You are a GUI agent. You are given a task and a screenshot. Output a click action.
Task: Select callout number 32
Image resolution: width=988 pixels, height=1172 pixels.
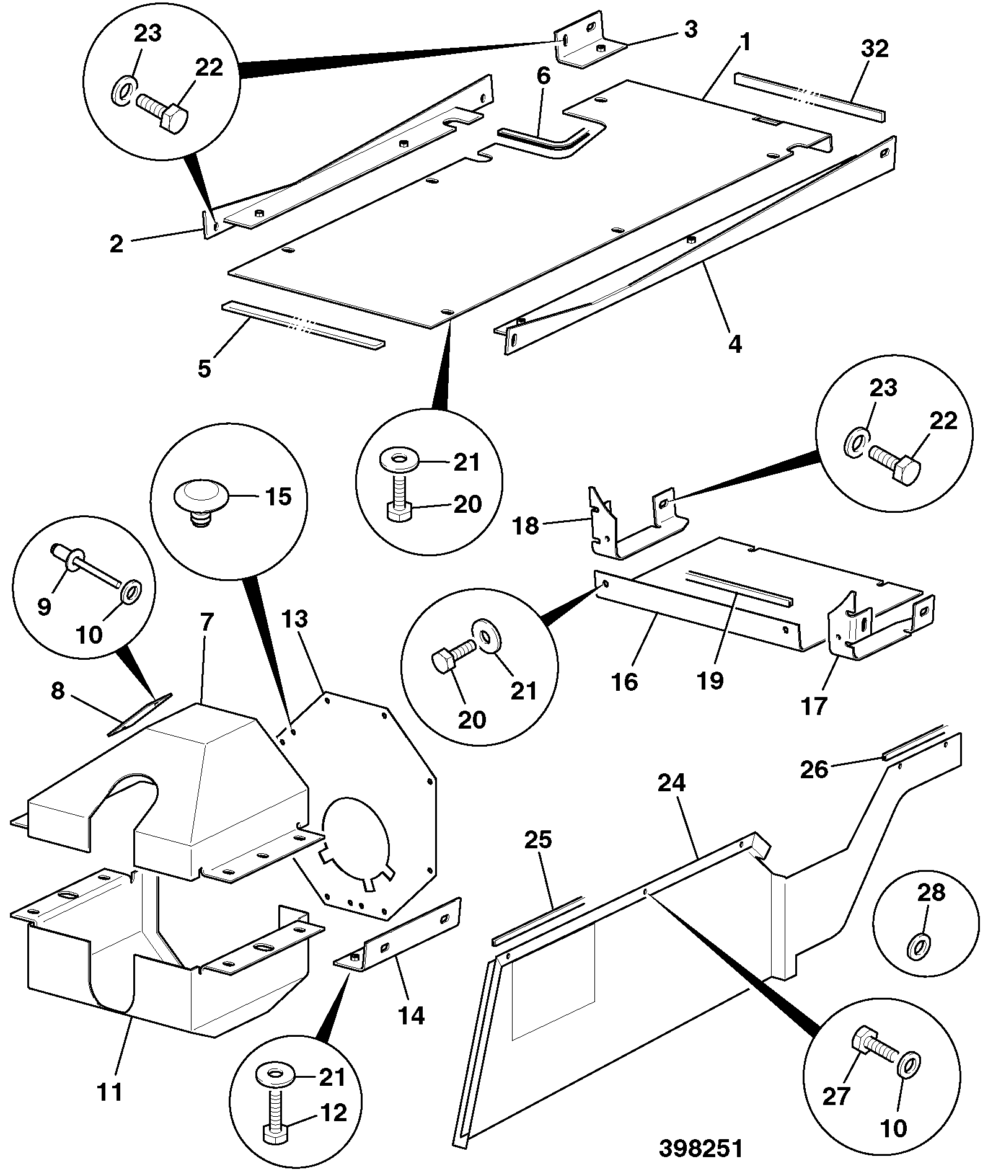[x=875, y=49]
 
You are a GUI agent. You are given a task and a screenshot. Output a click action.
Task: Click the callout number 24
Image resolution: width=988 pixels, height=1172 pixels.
[x=671, y=783]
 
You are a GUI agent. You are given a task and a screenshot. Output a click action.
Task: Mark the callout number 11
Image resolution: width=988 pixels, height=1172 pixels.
[x=111, y=1091]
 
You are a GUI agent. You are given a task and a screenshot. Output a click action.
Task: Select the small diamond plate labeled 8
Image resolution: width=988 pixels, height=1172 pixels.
[x=140, y=714]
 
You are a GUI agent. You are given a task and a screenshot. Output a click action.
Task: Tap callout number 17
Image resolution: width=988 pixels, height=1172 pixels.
[x=814, y=705]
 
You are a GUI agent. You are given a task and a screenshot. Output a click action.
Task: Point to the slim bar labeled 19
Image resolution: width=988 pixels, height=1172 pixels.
[x=739, y=588]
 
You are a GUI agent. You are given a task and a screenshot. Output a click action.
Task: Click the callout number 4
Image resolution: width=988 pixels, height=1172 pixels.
[x=734, y=344]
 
